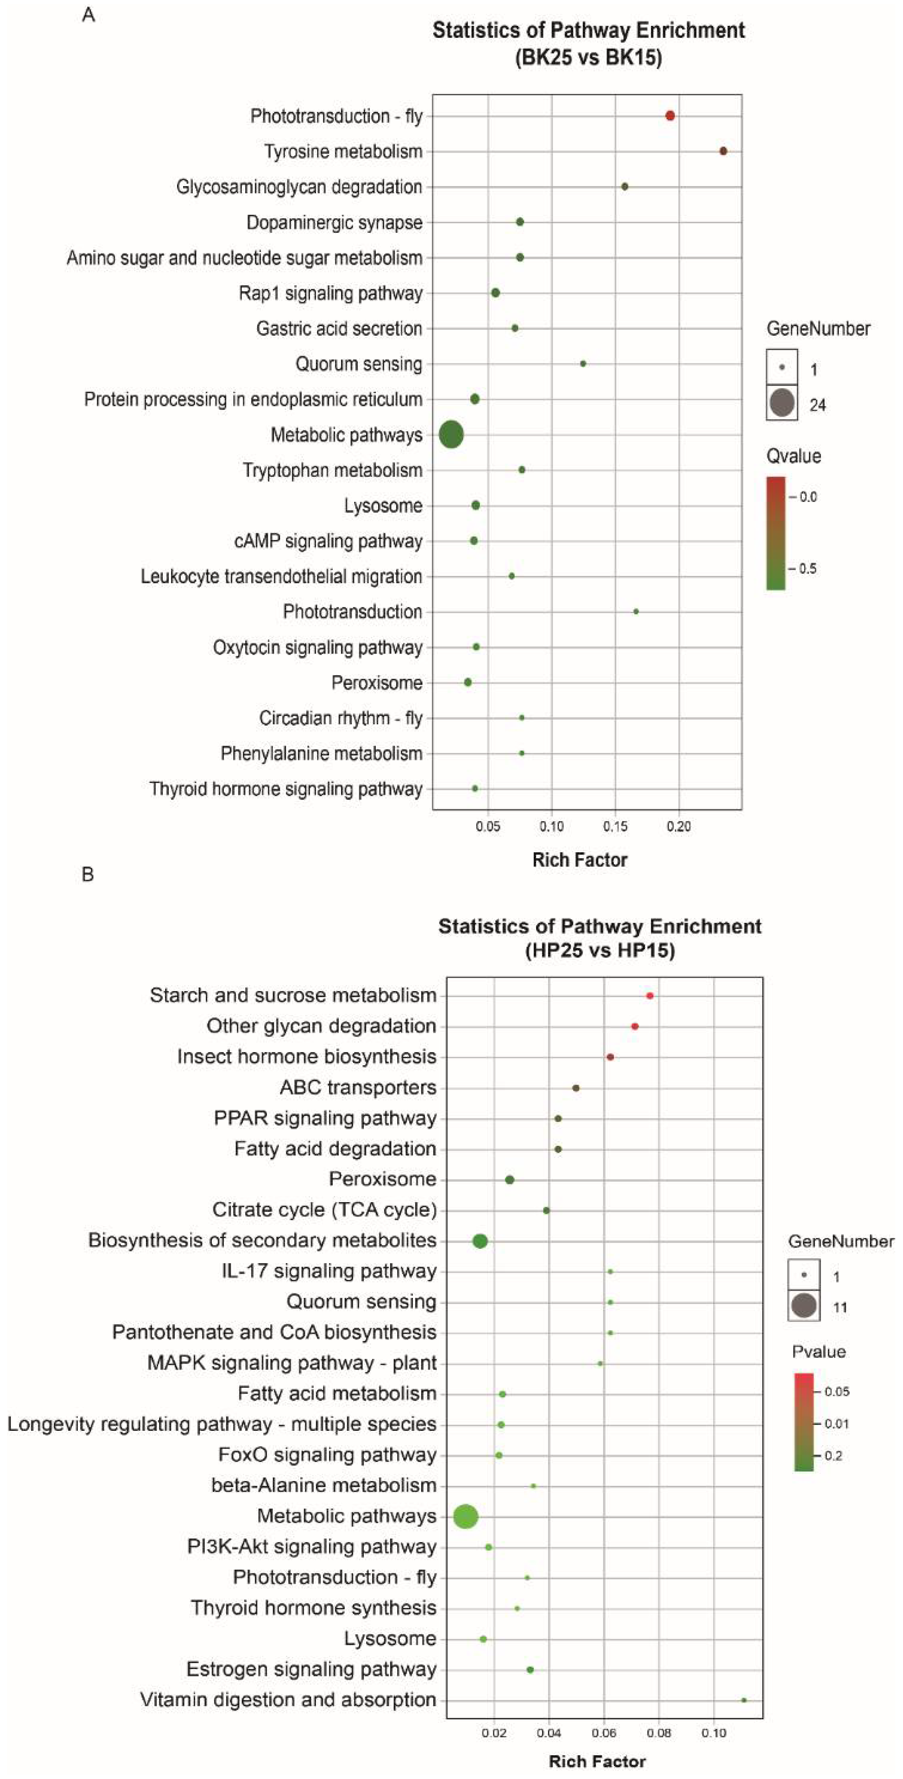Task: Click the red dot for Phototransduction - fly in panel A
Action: tap(670, 115)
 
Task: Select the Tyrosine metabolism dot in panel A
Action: tap(723, 151)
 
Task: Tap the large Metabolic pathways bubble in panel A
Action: tap(451, 434)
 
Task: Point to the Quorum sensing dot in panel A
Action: tap(582, 363)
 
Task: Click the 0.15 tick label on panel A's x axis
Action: tap(615, 826)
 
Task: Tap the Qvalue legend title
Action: tap(794, 456)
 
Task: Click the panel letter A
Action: tap(88, 15)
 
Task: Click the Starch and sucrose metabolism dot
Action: tap(650, 995)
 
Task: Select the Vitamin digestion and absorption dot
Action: tap(743, 1700)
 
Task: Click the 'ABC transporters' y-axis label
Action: tap(358, 1088)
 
